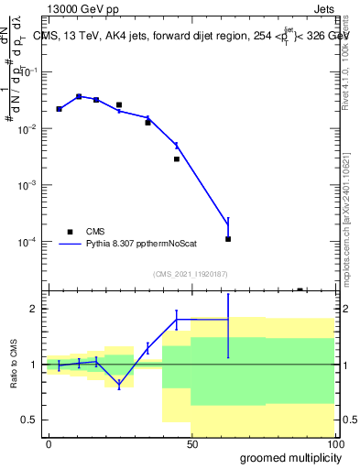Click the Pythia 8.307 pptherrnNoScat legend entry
point(137,244)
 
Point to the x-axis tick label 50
point(192,443)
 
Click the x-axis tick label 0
point(49,443)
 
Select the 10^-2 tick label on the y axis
point(30,129)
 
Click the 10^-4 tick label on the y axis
point(30,242)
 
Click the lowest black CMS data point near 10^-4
point(228,239)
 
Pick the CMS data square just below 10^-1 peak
point(79,96)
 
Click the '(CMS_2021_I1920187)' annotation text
point(190,273)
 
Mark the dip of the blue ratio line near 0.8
point(119,386)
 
